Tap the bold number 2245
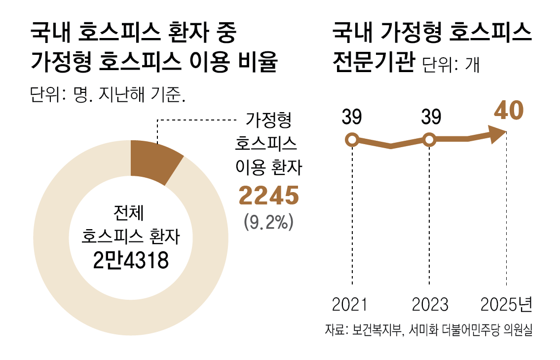[x=269, y=196]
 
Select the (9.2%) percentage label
[x=269, y=222]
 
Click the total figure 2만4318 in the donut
[x=131, y=260]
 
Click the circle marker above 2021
[x=352, y=140]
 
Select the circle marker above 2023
[x=429, y=140]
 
